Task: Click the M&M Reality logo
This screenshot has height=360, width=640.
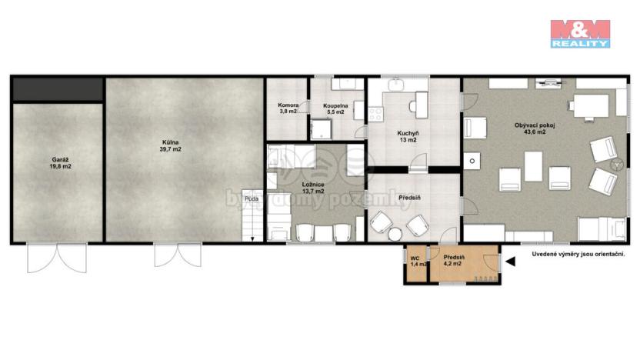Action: point(580,34)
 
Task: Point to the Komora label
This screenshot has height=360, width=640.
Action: point(288,108)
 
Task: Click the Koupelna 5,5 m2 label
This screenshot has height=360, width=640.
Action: point(336,108)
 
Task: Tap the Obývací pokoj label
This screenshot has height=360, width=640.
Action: point(530,128)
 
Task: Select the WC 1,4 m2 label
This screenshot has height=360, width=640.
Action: point(415,261)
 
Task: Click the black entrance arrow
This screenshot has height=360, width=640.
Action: point(510,262)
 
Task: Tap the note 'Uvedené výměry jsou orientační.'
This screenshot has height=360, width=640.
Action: point(578,253)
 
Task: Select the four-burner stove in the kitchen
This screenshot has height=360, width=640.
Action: point(377,114)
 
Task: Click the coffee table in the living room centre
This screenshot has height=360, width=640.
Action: point(535,166)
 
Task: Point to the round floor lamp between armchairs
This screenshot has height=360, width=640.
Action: point(615,165)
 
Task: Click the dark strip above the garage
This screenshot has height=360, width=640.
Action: point(58,89)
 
